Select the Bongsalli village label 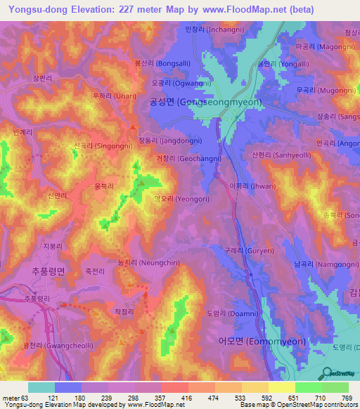(x=162, y=63)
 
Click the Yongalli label (x=278, y=63)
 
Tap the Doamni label (x=233, y=313)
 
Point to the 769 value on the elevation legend (x=346, y=398)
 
